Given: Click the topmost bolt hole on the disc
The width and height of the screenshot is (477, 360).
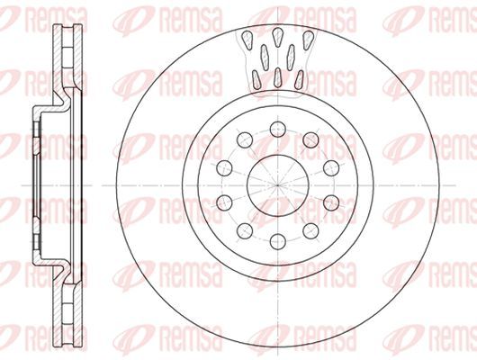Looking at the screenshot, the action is [x=278, y=129].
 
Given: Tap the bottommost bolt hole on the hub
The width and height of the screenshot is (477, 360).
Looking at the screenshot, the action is [x=278, y=241].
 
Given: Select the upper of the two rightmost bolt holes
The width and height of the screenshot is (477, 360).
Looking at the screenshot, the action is [x=331, y=168].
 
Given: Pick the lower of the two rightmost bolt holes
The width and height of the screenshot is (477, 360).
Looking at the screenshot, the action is [x=331, y=202].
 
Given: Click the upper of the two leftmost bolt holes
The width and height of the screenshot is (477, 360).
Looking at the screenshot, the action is [x=224, y=168].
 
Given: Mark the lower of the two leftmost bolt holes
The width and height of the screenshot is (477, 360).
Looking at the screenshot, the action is [x=224, y=202].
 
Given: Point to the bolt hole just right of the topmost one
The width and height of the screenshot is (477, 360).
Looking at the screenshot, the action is [x=310, y=140].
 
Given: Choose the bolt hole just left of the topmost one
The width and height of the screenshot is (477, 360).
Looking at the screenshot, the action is [x=245, y=140].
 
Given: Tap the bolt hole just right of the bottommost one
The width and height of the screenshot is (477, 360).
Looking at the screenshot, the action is [x=310, y=230].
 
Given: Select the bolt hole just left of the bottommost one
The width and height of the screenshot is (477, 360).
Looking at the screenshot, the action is [x=245, y=230].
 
